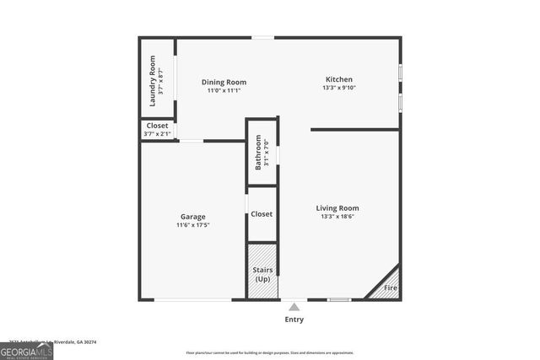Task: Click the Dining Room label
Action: pos(224,82)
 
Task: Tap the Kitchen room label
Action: pos(338,79)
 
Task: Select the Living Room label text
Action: pos(337,208)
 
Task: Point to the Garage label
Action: pos(192,217)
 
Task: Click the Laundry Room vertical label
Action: pos(153,81)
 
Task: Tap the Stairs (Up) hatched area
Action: pos(262,271)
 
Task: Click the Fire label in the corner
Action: pos(391,288)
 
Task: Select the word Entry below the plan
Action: pos(294,320)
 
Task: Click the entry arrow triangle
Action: pos(294,307)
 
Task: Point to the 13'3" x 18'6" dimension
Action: pos(337,217)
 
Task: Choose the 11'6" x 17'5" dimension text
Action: pos(192,225)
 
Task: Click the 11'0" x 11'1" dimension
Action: pos(224,90)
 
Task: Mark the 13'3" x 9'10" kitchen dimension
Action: pos(338,88)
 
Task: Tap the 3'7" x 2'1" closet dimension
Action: pos(158,133)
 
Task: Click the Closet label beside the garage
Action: pos(262,214)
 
